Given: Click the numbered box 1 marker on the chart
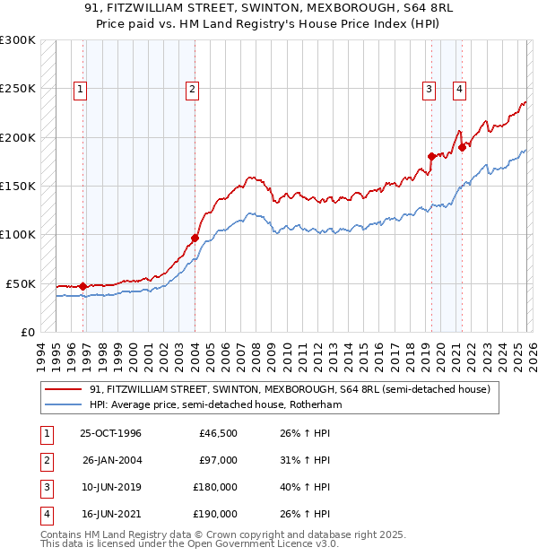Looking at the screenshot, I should click(x=81, y=89).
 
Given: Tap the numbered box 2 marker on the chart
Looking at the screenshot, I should click(x=193, y=89).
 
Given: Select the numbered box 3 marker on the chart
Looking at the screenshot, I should click(x=430, y=89).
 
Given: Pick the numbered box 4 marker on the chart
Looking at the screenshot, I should click(x=459, y=89).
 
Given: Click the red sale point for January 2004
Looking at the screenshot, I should click(x=195, y=238).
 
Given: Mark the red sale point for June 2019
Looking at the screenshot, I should click(x=431, y=156).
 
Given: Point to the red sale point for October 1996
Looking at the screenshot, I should click(x=83, y=286).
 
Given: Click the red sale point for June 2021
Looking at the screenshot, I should click(x=462, y=147).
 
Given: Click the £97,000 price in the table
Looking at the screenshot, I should click(x=219, y=460).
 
